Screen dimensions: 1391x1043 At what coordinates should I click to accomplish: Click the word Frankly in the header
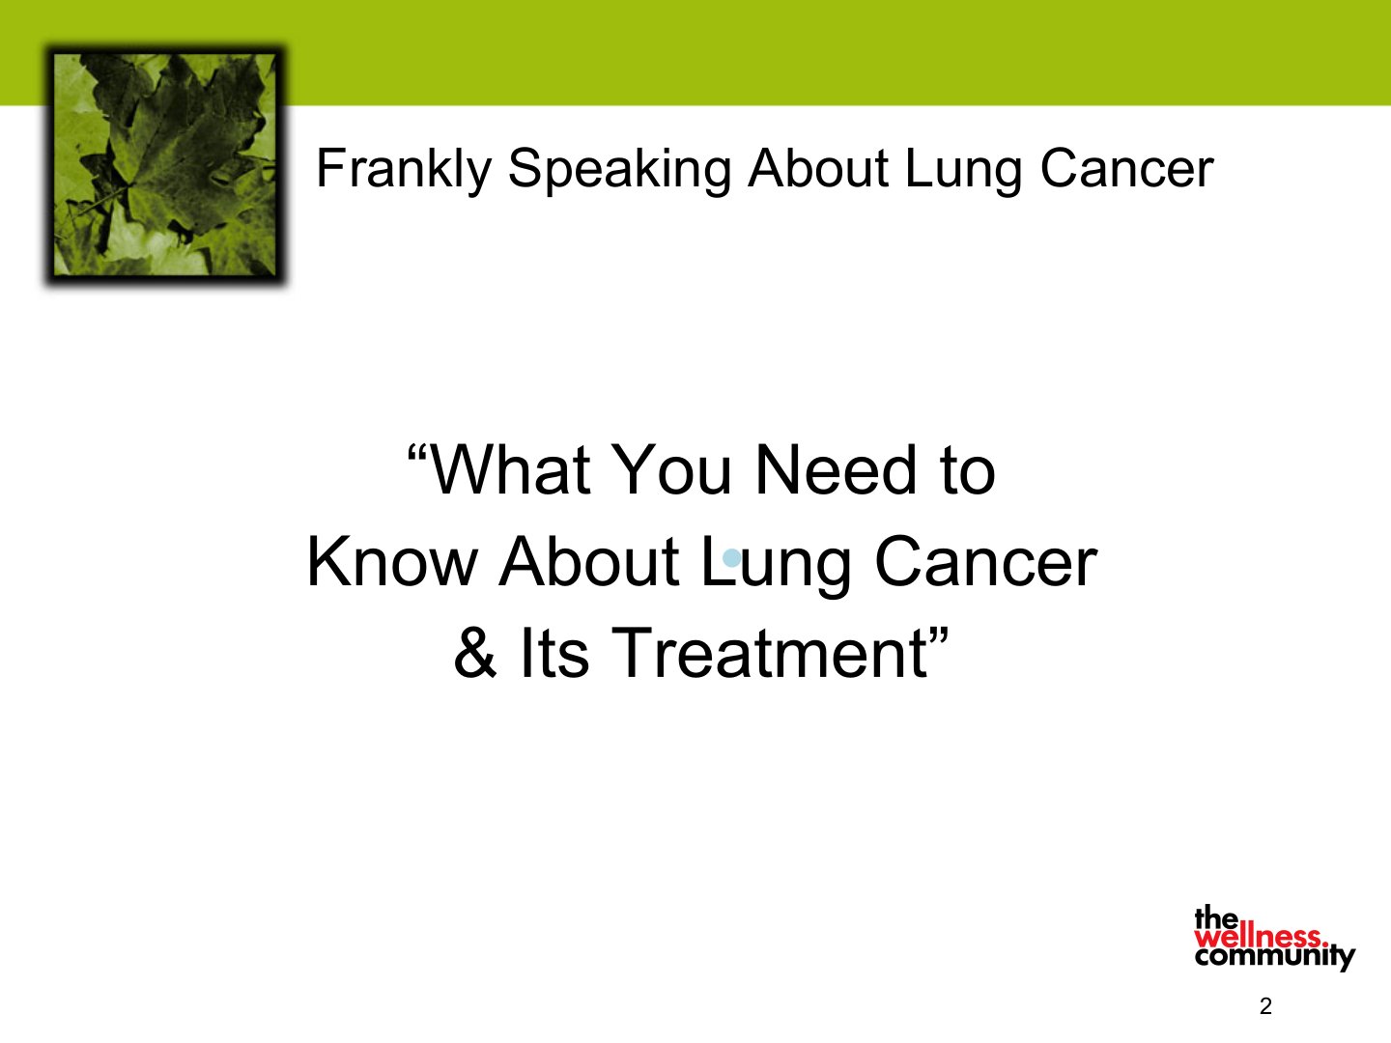click(404, 168)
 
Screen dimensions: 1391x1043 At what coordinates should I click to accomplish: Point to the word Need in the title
click(836, 470)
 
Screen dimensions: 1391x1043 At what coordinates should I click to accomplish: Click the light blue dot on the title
click(732, 558)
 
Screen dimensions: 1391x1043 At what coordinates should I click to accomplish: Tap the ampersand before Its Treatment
click(475, 653)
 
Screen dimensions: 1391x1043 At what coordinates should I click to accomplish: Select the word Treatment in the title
click(769, 653)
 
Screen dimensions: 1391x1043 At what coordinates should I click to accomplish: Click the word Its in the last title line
click(554, 653)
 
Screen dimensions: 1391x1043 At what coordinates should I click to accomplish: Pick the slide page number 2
click(1265, 1006)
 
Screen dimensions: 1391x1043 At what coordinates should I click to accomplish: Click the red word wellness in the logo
click(1261, 937)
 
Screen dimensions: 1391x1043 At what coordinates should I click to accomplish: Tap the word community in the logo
click(1275, 956)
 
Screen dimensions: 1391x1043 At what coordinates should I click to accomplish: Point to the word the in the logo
click(1216, 918)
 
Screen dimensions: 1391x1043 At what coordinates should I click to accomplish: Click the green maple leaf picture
click(165, 164)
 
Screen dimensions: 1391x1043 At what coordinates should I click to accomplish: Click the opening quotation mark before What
click(417, 454)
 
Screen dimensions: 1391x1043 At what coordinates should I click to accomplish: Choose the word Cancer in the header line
click(1126, 168)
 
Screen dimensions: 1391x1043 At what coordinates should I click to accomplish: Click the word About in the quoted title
click(588, 562)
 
